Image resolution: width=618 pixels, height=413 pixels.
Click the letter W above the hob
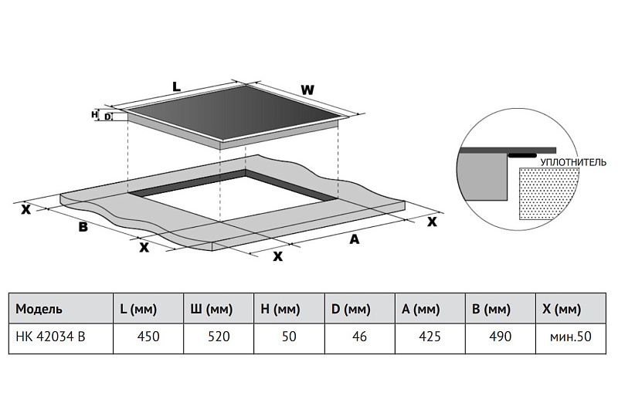point(307,90)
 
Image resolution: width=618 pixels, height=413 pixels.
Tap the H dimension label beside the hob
point(94,114)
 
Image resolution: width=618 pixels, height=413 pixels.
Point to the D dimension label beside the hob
point(107,117)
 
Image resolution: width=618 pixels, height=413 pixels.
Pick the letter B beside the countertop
point(83,227)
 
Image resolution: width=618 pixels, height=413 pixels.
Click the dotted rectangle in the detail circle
point(548,193)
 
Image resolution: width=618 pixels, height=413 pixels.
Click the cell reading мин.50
point(571,337)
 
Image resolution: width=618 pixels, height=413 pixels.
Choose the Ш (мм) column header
point(211,309)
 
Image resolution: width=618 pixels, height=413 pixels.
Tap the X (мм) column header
point(562,309)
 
